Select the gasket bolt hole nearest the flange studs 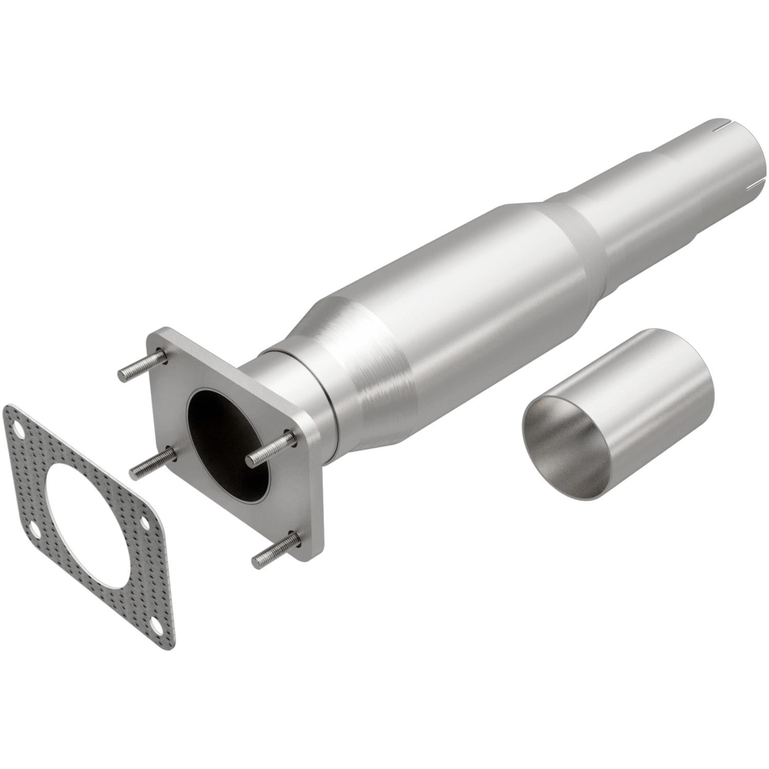pyautogui.click(x=146, y=522)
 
